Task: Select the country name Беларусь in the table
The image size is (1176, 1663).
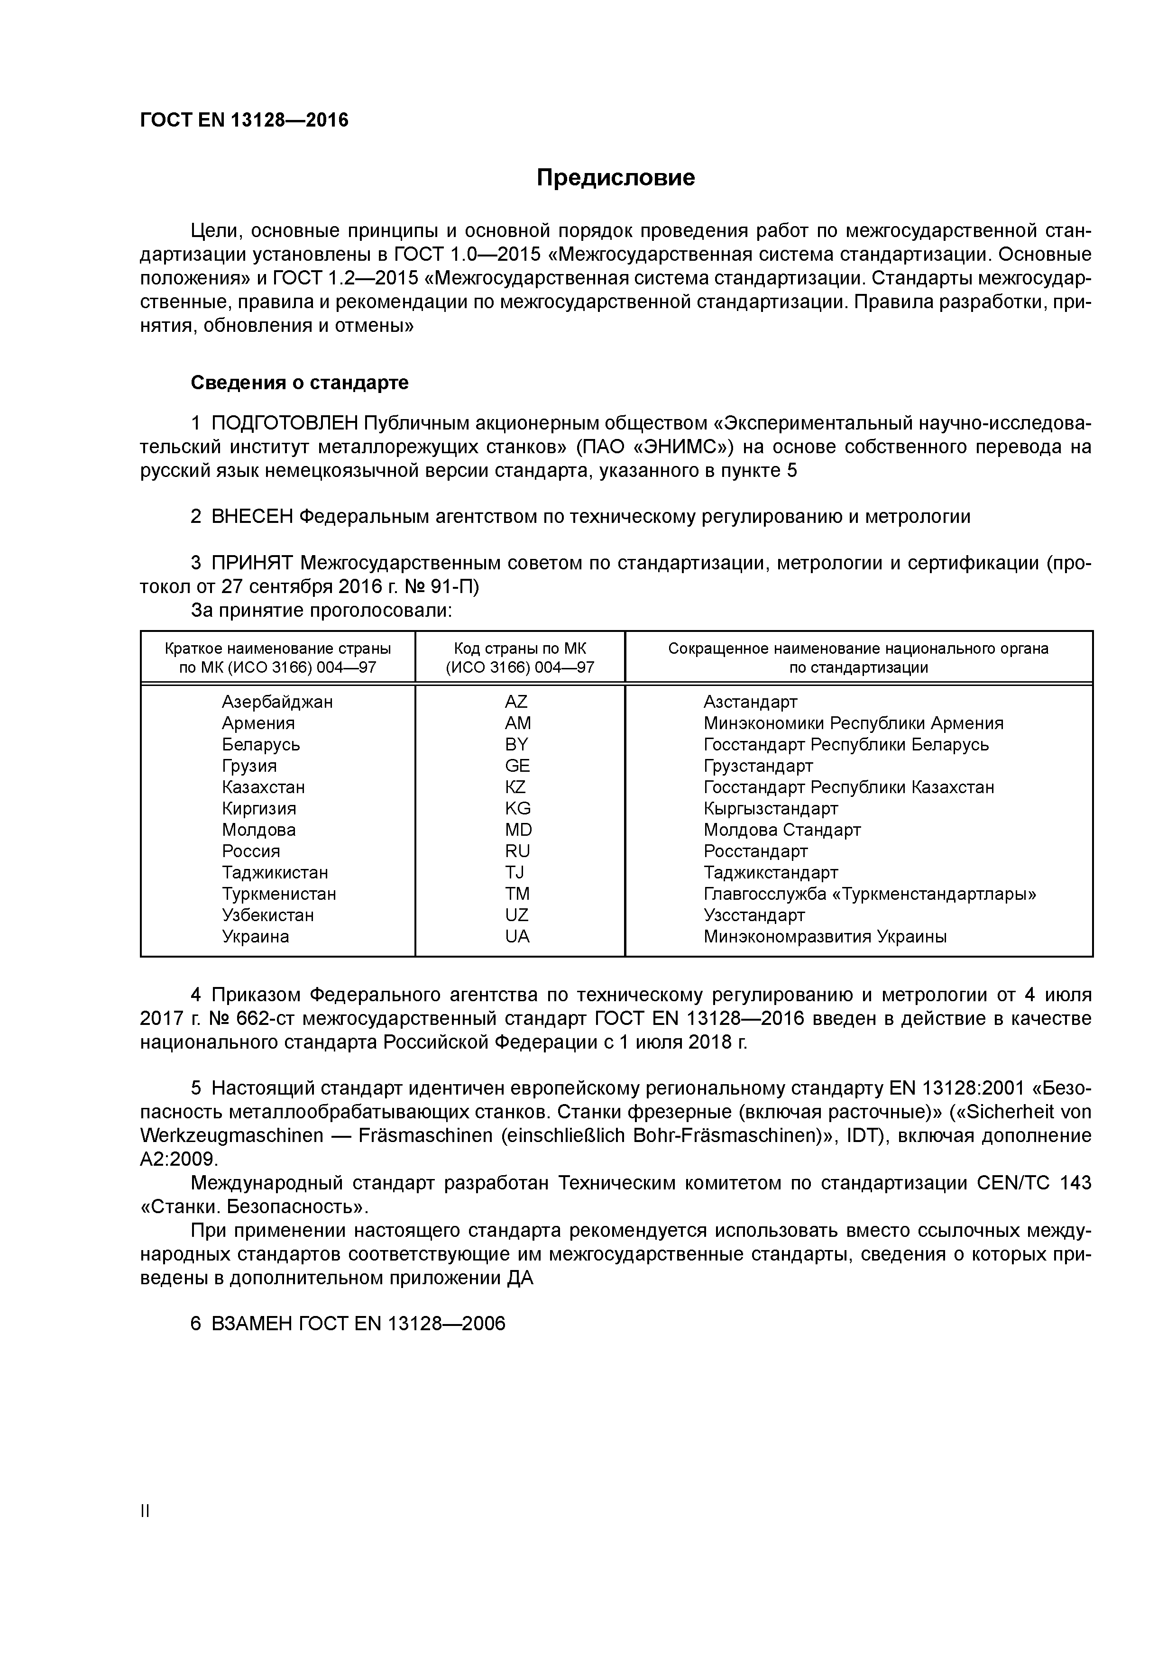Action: coord(261,745)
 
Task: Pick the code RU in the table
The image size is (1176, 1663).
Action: coord(517,851)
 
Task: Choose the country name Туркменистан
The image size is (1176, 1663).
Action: coord(279,894)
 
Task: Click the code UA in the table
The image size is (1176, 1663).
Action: coord(517,937)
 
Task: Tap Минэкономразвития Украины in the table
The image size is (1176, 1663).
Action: coord(825,937)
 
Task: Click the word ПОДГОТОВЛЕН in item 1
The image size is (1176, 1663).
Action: coord(285,423)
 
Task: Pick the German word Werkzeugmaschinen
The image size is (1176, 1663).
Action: coord(232,1136)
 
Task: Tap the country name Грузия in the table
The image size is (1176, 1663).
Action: coord(249,766)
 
